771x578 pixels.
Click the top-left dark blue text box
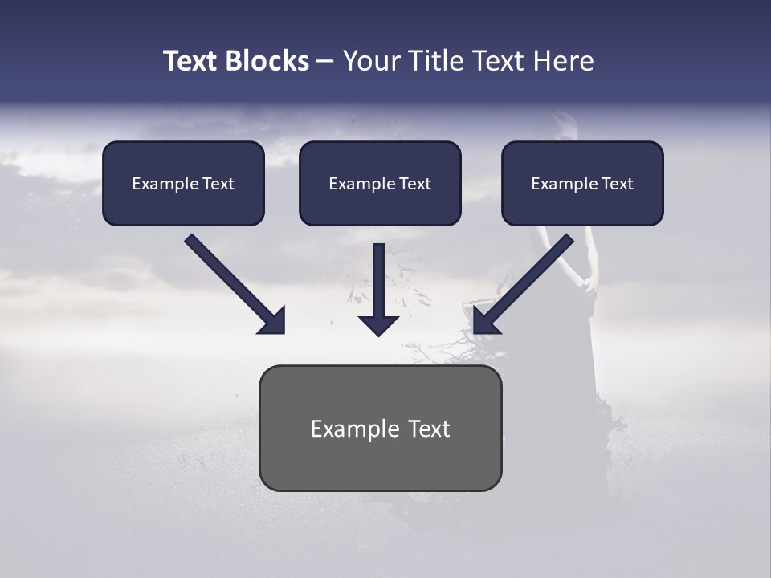(183, 183)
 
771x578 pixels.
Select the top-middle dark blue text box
(380, 183)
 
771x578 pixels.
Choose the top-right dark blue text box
(582, 183)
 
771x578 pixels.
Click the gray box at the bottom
(380, 428)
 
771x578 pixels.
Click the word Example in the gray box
(344, 429)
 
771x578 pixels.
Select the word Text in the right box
(618, 184)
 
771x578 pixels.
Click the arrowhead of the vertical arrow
(378, 324)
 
